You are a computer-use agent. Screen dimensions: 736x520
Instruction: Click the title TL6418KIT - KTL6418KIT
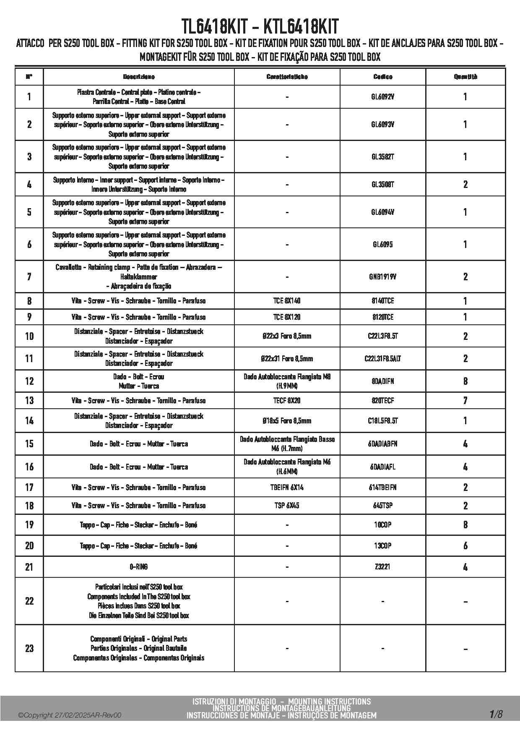(x=260, y=27)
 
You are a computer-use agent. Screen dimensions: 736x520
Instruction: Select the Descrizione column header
(x=139, y=77)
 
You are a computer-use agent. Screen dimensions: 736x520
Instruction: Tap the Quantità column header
(x=465, y=77)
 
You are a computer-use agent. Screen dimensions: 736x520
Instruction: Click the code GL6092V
(x=383, y=97)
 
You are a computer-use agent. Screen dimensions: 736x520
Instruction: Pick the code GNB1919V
(x=383, y=277)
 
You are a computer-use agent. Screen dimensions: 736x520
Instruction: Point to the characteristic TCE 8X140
(x=287, y=301)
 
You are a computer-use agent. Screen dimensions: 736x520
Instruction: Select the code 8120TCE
(x=383, y=317)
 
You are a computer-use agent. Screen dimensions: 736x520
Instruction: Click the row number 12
(x=29, y=381)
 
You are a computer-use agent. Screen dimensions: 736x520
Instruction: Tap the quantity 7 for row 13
(x=465, y=401)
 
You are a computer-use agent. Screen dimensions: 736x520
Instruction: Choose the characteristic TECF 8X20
(x=287, y=401)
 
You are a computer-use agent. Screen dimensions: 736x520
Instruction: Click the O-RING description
(x=139, y=567)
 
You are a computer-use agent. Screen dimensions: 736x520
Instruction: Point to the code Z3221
(x=383, y=567)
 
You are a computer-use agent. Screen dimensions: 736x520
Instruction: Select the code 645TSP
(x=383, y=506)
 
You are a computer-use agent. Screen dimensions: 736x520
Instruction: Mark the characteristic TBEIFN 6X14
(x=287, y=488)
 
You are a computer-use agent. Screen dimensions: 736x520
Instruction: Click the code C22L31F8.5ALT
(x=383, y=359)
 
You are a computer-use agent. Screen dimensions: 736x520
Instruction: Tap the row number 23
(x=29, y=648)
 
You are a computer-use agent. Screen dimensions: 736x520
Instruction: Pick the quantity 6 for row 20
(x=465, y=546)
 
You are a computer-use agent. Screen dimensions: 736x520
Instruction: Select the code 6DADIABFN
(x=383, y=444)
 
